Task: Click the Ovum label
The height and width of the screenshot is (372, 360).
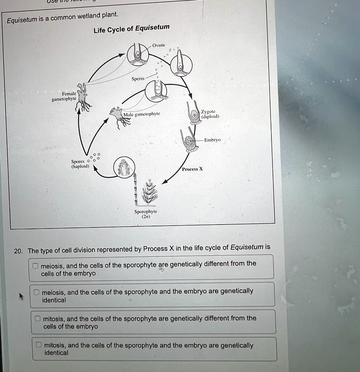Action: (158, 45)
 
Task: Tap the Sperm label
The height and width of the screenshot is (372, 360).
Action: (138, 78)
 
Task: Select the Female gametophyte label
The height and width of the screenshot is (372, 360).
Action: (64, 96)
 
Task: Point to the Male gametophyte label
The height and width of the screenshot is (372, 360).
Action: (142, 114)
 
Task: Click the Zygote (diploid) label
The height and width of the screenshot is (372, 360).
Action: (210, 114)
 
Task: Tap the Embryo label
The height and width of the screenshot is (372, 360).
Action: (213, 140)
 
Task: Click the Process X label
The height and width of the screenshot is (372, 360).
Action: (193, 169)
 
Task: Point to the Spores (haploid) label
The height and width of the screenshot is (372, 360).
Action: (80, 164)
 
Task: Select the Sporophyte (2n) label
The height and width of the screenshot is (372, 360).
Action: (146, 214)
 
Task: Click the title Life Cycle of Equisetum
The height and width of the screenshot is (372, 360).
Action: (132, 29)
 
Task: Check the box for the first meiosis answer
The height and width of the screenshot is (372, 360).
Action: (35, 266)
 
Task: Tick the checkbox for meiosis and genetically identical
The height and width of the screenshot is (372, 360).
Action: (36, 292)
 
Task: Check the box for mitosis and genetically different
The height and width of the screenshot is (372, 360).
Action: (37, 318)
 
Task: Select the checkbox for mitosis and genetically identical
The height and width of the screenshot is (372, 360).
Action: (39, 344)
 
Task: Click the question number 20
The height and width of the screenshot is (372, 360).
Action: (18, 251)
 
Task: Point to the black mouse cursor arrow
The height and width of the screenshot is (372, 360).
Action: (21, 296)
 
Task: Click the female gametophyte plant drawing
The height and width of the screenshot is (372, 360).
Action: (82, 97)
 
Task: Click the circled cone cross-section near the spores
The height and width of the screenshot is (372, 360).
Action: (124, 167)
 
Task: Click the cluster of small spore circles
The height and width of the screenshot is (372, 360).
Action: (94, 158)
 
